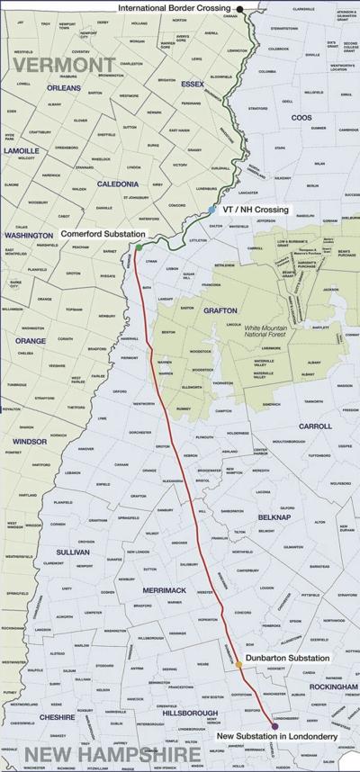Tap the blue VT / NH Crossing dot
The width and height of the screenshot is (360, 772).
point(211,209)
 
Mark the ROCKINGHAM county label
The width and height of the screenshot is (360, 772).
point(325,687)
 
